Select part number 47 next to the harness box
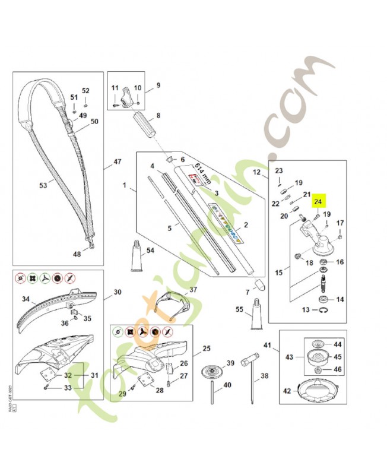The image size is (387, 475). tap(118, 161)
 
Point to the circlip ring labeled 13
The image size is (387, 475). tap(323, 310)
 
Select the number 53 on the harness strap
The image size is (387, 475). tap(43, 186)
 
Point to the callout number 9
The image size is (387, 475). tap(158, 85)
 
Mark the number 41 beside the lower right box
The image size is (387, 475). tap(267, 345)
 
